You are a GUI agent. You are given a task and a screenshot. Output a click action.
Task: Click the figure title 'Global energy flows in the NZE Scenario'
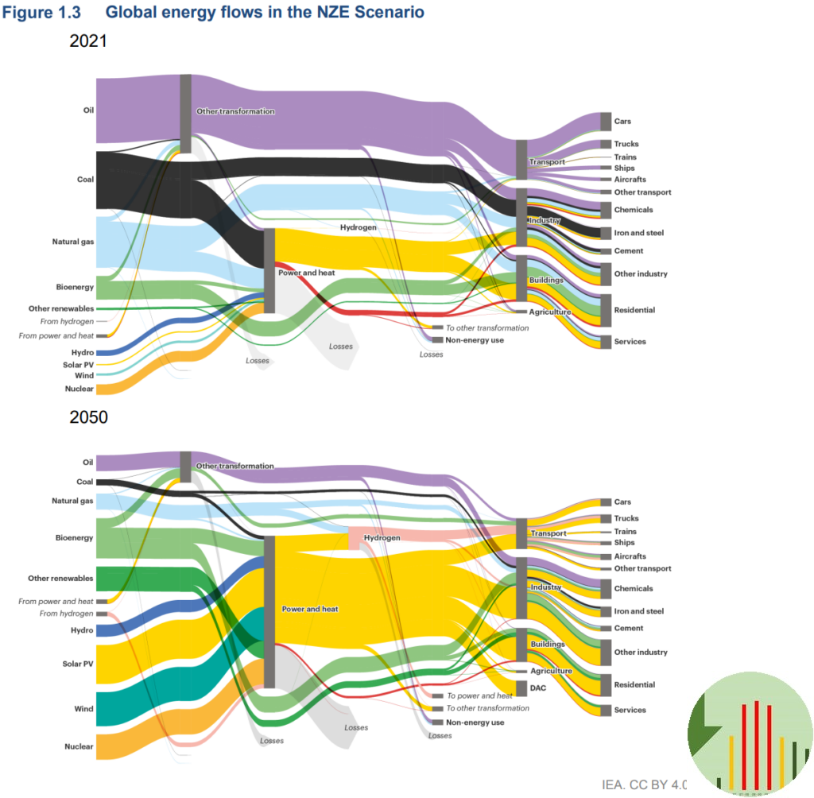click(x=265, y=12)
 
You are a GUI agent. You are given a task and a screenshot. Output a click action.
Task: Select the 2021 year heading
click(x=87, y=41)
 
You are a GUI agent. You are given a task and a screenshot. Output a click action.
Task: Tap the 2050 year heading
click(x=87, y=417)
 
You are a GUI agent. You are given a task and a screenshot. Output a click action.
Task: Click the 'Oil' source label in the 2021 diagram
click(x=87, y=110)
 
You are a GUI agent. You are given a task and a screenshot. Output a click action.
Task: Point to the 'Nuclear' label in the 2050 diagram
click(x=79, y=746)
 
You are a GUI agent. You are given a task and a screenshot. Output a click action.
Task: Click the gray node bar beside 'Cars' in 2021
click(x=606, y=122)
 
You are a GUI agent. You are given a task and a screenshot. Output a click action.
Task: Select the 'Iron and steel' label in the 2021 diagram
click(x=638, y=233)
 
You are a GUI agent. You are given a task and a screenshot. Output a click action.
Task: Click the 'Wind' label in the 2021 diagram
click(x=84, y=375)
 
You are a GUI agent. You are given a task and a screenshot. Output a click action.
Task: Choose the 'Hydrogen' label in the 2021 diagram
click(x=358, y=227)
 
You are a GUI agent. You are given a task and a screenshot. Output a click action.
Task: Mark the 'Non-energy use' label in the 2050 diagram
click(x=475, y=722)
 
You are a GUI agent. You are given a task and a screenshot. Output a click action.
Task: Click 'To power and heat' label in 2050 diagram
click(x=479, y=695)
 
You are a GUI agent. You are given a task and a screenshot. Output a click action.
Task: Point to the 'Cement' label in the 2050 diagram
click(x=628, y=628)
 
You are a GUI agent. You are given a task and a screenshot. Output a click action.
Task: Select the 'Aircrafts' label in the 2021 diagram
click(x=630, y=180)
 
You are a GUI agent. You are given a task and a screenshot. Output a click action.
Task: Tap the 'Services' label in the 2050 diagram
click(x=630, y=710)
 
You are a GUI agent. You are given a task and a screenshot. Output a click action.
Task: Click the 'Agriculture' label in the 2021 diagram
click(x=550, y=312)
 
